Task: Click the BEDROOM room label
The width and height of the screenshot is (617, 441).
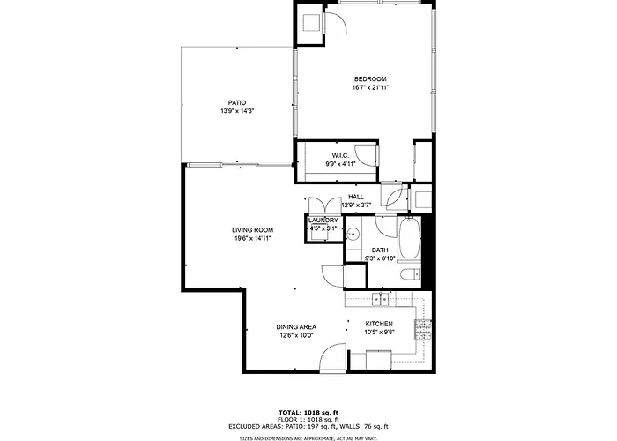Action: click(370, 78)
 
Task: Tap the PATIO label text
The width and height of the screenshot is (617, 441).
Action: click(237, 103)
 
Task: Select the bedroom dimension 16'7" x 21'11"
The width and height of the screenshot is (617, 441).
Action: click(370, 88)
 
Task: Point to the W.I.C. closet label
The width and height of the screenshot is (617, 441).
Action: click(340, 156)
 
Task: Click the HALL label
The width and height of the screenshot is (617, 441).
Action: click(356, 197)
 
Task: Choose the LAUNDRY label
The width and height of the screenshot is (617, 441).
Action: click(323, 220)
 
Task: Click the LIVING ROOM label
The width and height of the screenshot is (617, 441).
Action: click(252, 230)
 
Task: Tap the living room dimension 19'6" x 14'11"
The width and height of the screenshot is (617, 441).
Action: click(253, 239)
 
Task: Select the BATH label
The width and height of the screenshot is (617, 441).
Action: click(380, 250)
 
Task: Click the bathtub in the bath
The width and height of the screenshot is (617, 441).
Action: click(409, 239)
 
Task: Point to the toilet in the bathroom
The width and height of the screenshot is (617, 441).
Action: click(411, 273)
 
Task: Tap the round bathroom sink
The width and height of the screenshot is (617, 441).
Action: click(353, 235)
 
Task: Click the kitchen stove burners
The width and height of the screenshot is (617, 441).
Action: click(422, 330)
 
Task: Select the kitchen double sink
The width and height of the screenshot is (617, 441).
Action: click(381, 299)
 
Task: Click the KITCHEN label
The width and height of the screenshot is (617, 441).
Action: click(379, 324)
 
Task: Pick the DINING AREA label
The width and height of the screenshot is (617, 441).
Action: click(296, 327)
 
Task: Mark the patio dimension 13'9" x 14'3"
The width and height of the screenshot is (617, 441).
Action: click(237, 111)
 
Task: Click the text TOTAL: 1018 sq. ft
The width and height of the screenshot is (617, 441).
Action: click(308, 413)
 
